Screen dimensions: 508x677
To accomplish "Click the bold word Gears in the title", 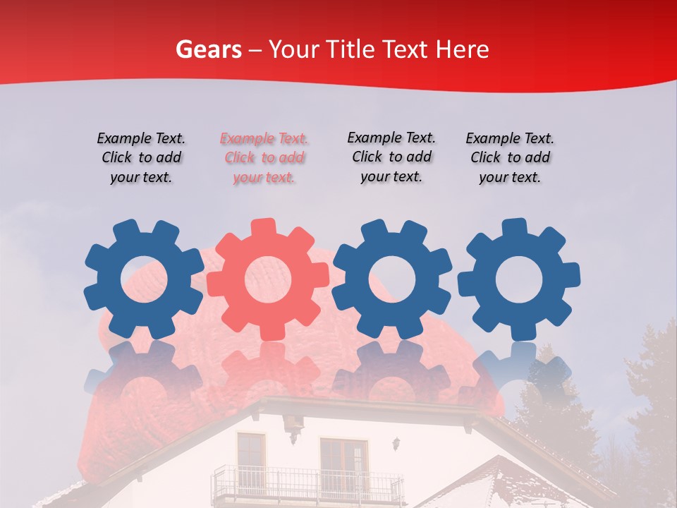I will pyautogui.click(x=208, y=49).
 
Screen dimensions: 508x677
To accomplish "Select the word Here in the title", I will pyautogui.click(x=462, y=49).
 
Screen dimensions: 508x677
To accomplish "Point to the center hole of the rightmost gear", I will pyautogui.click(x=519, y=279).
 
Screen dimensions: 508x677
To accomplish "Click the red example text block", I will pyautogui.click(x=264, y=158).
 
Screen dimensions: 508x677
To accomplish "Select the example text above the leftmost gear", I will pyautogui.click(x=141, y=158).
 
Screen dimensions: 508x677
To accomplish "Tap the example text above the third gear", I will pyautogui.click(x=391, y=157).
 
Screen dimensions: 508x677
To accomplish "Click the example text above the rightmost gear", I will pyautogui.click(x=510, y=158).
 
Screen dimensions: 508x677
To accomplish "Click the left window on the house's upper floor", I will pyautogui.click(x=251, y=456).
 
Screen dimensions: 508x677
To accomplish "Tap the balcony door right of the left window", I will pyautogui.click(x=343, y=462).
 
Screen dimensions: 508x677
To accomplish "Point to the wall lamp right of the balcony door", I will pyautogui.click(x=397, y=444).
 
